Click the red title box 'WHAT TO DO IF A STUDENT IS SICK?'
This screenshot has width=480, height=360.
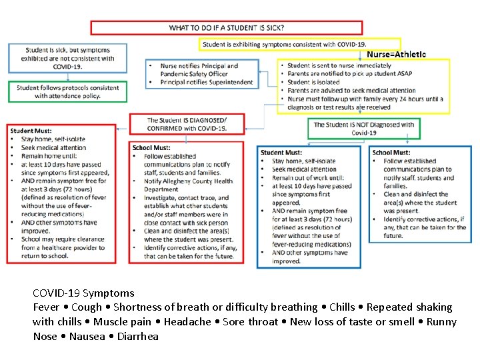click(227, 28)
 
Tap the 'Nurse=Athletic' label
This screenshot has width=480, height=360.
click(397, 54)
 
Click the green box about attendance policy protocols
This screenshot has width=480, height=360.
click(68, 92)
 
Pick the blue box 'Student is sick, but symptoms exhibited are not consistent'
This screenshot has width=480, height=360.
click(67, 59)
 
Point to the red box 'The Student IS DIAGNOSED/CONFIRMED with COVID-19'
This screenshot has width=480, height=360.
click(187, 124)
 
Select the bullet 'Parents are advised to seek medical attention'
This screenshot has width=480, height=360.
click(351, 91)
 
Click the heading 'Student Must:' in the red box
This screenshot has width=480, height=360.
click(31, 131)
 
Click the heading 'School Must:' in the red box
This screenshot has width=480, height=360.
click(151, 148)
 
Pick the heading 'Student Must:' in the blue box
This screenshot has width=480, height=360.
click(281, 153)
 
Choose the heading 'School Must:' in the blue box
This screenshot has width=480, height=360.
click(391, 153)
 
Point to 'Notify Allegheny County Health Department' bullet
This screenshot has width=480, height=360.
click(188, 185)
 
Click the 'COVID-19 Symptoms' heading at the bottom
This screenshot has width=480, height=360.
click(83, 293)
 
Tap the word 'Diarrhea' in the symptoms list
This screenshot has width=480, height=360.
click(137, 336)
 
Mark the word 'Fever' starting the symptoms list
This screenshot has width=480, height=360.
click(47, 307)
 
